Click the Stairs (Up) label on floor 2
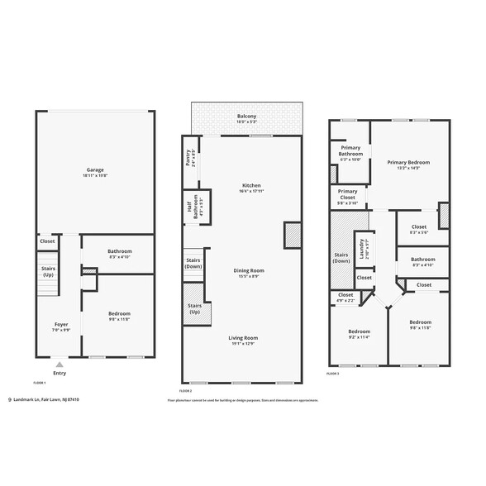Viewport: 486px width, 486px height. (195, 309)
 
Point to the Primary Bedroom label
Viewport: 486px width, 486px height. (409, 165)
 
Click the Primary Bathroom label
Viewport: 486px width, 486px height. (350, 151)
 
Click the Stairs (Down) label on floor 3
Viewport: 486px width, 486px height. (341, 258)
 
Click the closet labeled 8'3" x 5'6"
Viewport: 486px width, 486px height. (419, 229)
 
